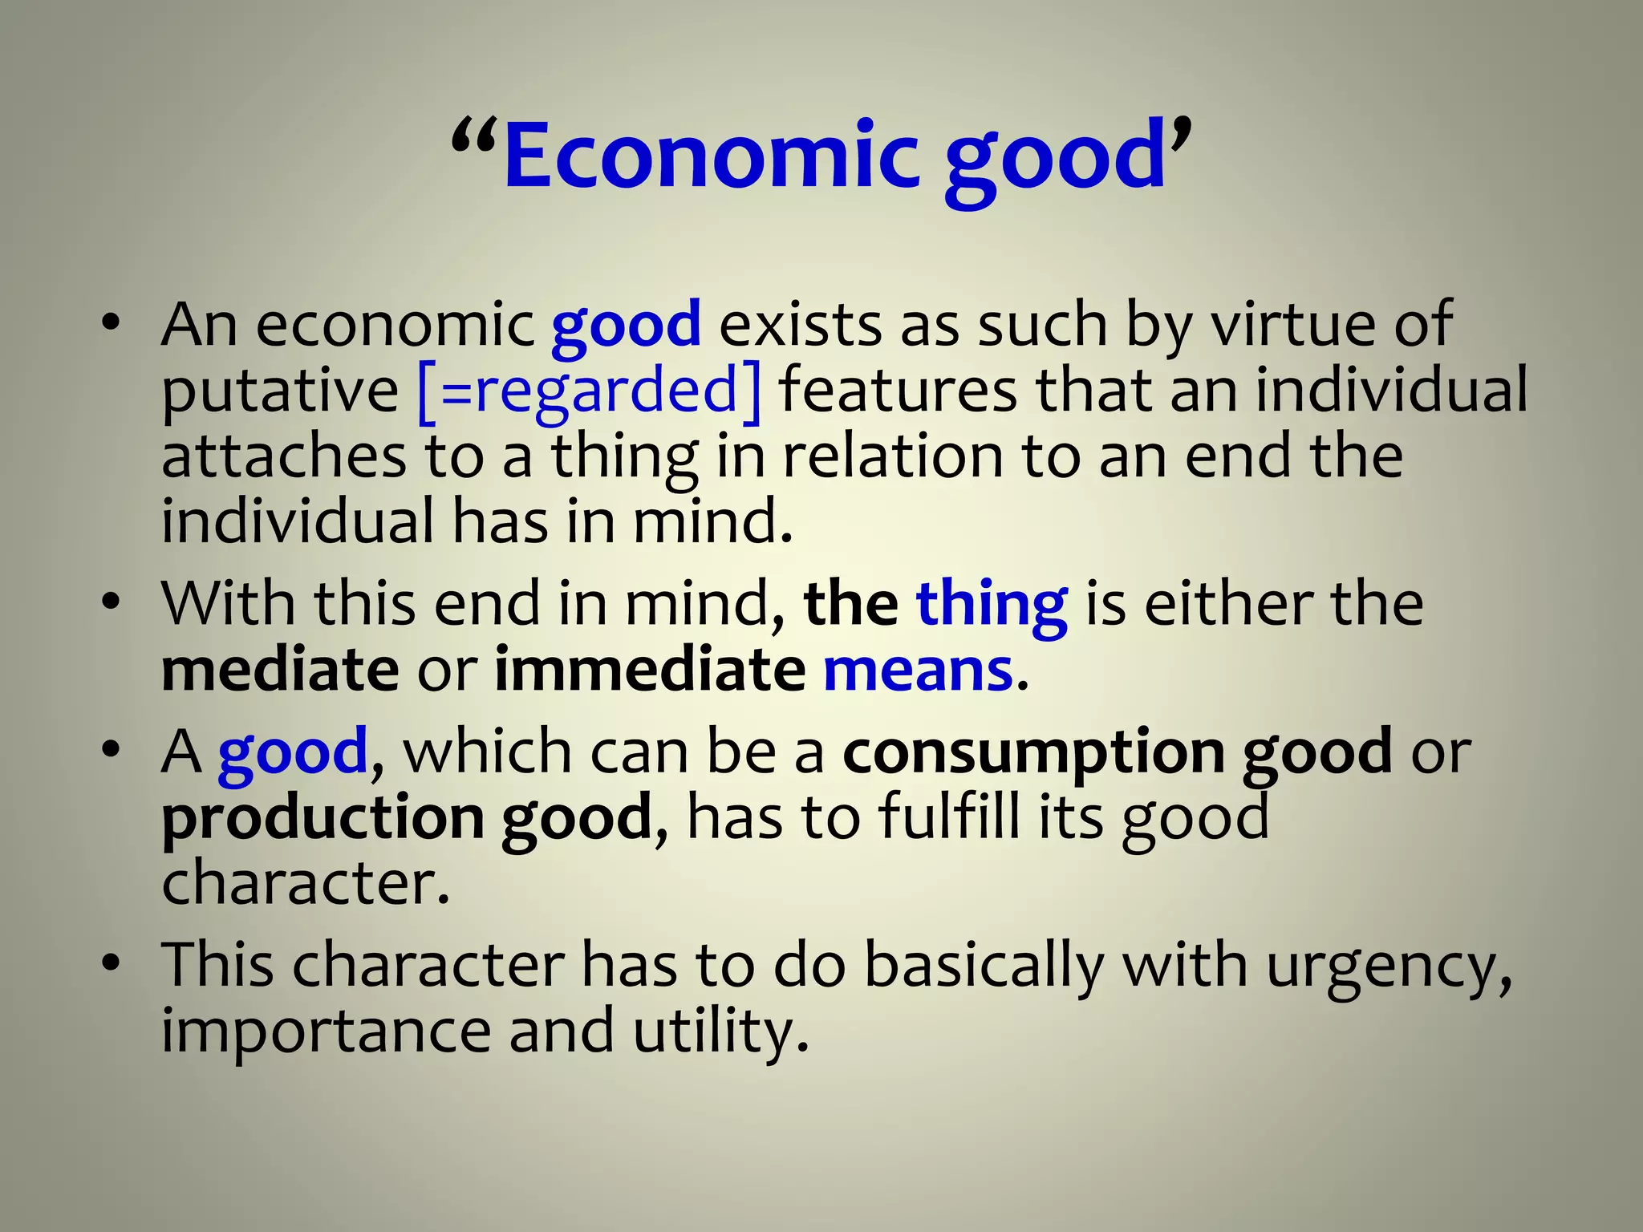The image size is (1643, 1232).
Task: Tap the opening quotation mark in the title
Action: click(475, 138)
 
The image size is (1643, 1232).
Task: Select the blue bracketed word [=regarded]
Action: click(589, 391)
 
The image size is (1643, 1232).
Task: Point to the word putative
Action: click(280, 392)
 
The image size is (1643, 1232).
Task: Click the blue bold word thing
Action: click(992, 605)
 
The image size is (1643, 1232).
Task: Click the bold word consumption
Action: click(1033, 753)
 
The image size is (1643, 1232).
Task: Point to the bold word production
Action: click(323, 819)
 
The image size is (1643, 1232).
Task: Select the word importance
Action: click(326, 1031)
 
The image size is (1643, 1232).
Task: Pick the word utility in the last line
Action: click(720, 1031)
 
